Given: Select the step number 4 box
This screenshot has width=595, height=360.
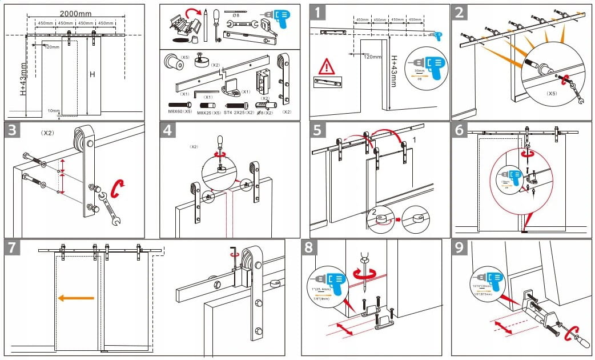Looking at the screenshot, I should tap(167, 130).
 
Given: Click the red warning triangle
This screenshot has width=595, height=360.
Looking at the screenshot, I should tap(327, 66).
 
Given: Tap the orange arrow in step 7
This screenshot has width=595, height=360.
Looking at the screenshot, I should tap(75, 298).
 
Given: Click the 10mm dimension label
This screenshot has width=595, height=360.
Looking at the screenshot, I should tap(54, 111).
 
